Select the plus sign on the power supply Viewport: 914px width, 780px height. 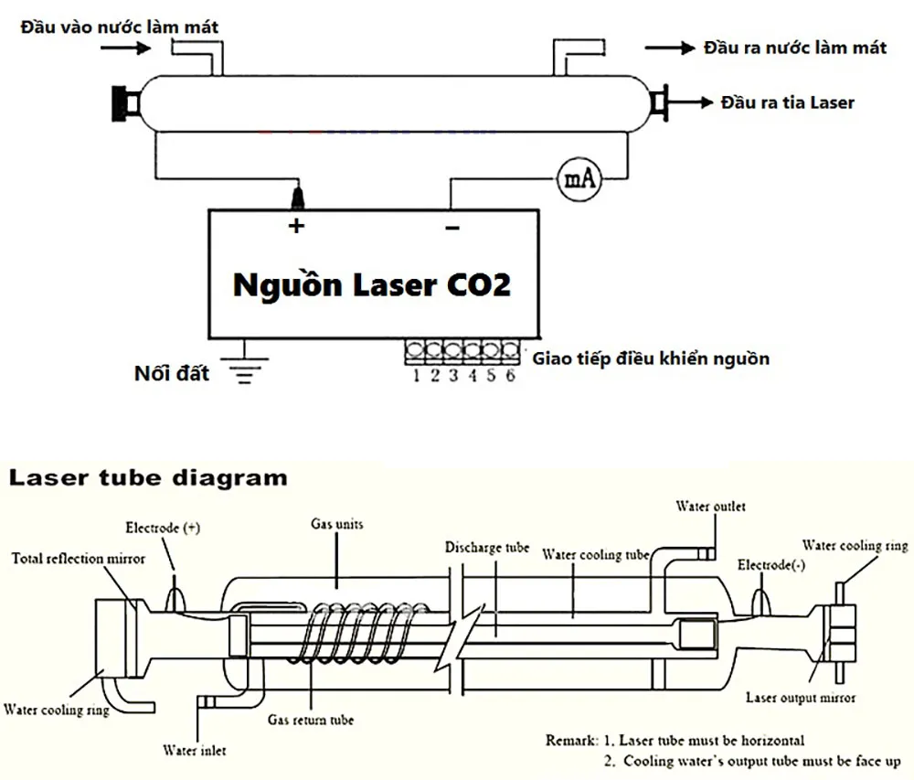(x=295, y=226)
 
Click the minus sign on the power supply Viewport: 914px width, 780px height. (x=452, y=227)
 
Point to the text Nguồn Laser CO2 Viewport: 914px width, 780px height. (x=371, y=284)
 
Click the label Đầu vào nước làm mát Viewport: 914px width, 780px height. (x=120, y=27)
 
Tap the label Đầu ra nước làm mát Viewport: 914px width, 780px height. (x=794, y=48)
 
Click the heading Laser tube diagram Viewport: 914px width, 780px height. (x=148, y=477)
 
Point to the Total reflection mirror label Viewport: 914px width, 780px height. (x=78, y=558)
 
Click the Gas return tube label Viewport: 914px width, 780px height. (x=310, y=720)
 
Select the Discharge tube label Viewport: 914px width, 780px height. (x=487, y=549)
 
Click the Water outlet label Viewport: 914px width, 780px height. (x=710, y=506)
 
